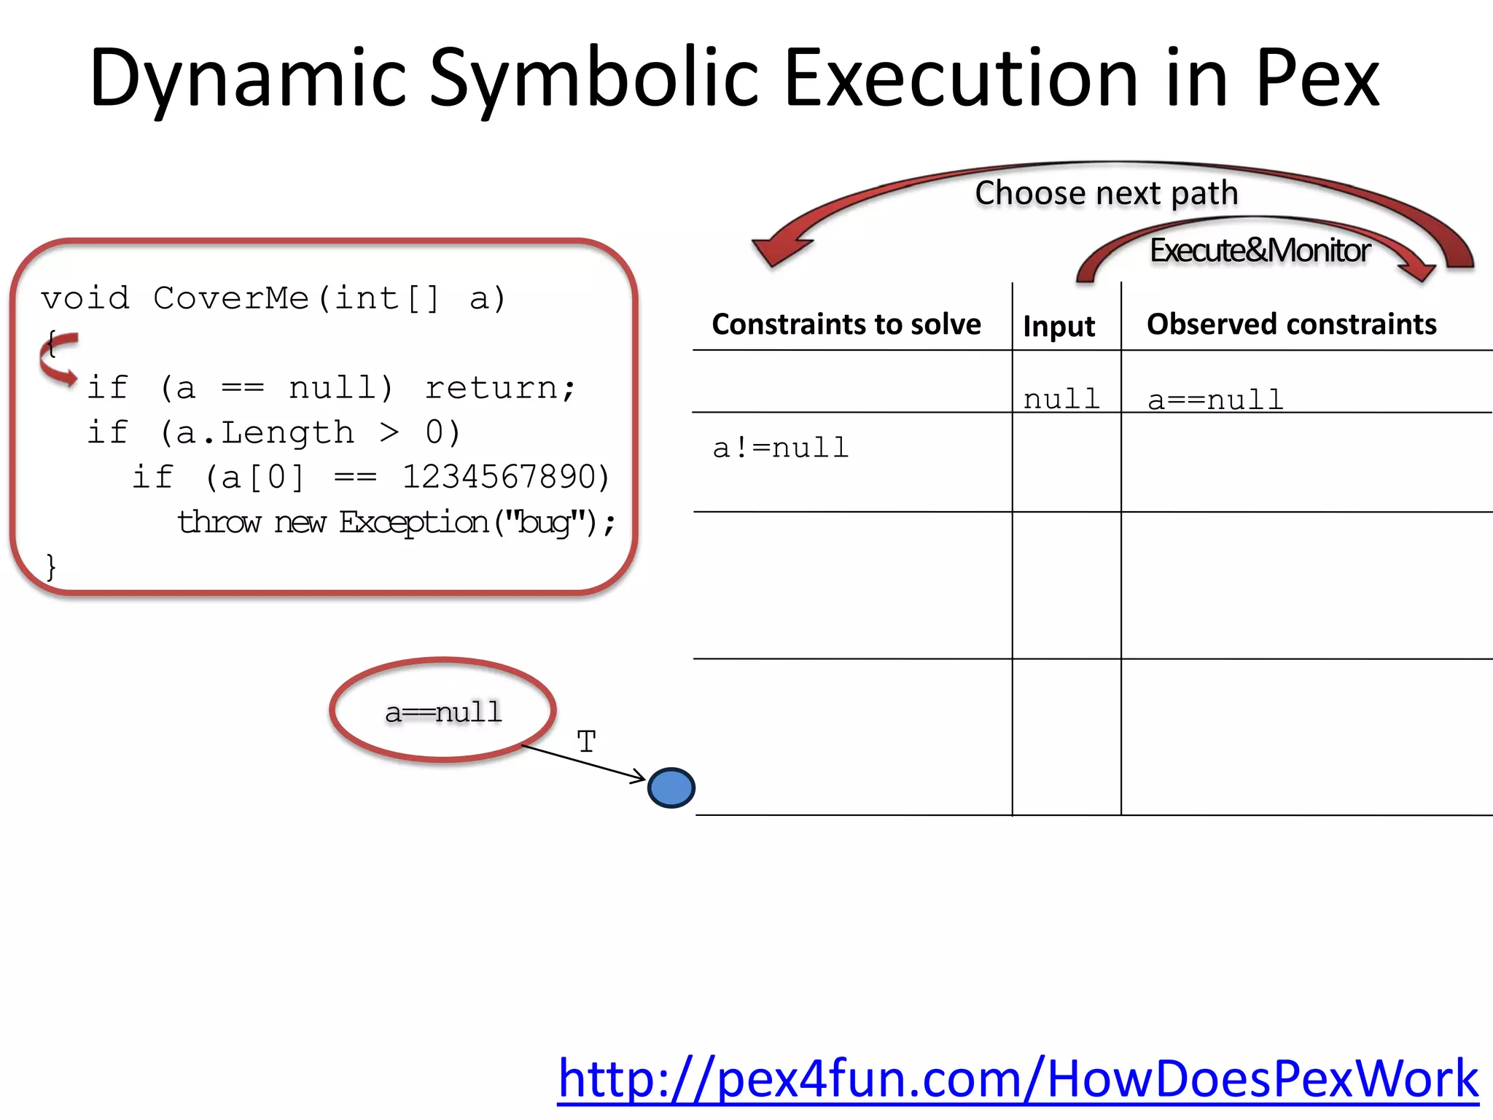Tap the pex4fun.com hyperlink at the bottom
tap(1018, 1078)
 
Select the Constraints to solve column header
tap(846, 324)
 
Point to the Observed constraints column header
tap(1291, 324)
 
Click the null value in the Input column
tap(1061, 400)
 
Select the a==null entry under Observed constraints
tap(1215, 400)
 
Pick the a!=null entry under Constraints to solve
tap(781, 448)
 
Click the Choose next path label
tap(1107, 193)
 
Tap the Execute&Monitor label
tap(1260, 250)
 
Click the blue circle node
tap(671, 788)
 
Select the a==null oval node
tap(443, 711)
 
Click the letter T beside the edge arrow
tap(586, 742)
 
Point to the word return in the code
tap(493, 388)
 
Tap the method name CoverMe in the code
tap(231, 298)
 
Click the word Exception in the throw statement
tap(413, 523)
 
